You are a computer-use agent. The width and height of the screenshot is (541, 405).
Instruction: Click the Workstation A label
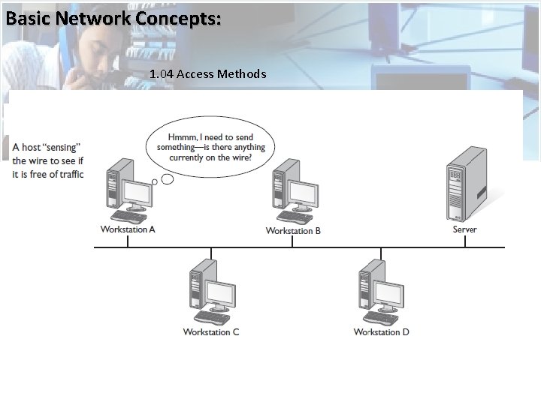coord(128,229)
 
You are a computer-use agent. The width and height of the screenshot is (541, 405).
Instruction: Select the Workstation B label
coord(293,231)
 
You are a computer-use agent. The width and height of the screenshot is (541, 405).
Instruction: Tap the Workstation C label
coord(211,332)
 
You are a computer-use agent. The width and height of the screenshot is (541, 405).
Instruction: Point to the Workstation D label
coord(382,332)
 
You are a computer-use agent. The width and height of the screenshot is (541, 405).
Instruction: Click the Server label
coord(464,229)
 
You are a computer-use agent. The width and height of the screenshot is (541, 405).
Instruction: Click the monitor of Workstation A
coord(138,194)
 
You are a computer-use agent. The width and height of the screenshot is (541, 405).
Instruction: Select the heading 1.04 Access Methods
coord(207,73)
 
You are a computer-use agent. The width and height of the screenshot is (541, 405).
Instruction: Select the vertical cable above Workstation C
coord(211,252)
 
